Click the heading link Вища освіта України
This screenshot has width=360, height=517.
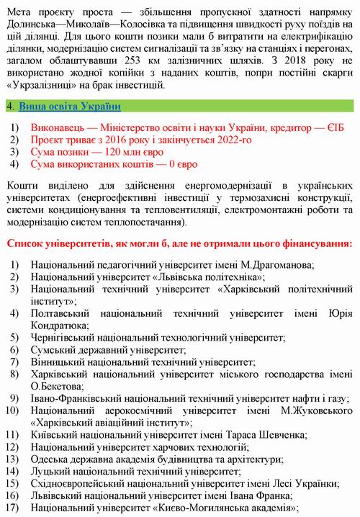point(69,106)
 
